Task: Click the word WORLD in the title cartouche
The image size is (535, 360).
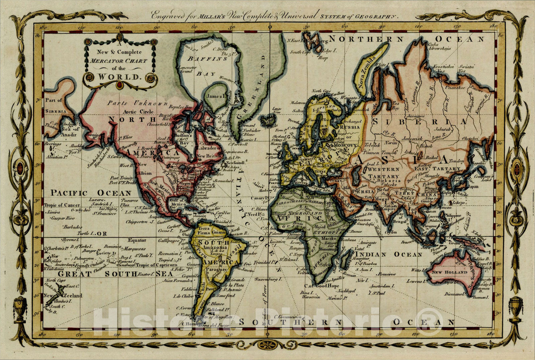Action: tap(118, 76)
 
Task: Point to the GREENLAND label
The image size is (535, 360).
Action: tap(257, 87)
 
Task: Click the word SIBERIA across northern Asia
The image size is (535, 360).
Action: tap(419, 121)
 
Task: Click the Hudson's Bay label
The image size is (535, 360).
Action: tap(183, 139)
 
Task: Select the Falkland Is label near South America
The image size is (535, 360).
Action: tap(218, 309)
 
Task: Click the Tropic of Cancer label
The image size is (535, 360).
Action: tap(62, 205)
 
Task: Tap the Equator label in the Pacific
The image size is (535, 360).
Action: tap(137, 240)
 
